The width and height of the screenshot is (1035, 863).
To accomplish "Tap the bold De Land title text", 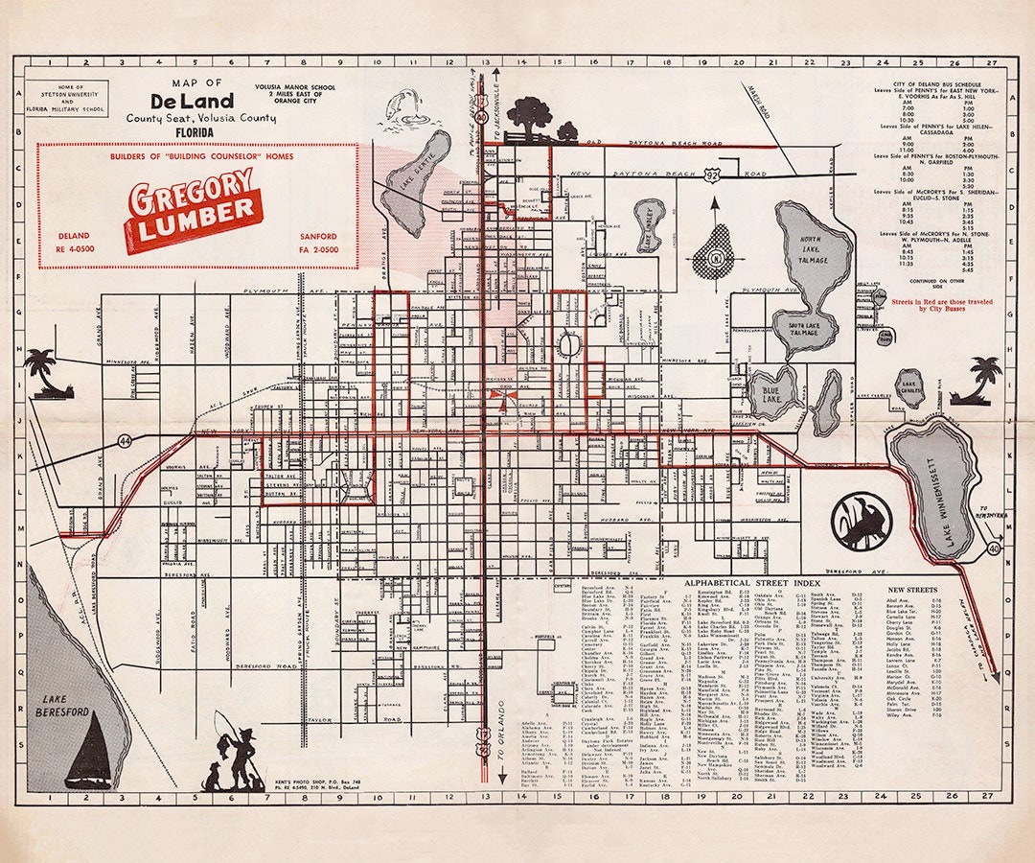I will point(191,102).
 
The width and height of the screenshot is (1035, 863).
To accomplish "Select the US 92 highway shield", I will point(707,175).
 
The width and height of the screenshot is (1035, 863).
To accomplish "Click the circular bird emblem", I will point(862,521).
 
